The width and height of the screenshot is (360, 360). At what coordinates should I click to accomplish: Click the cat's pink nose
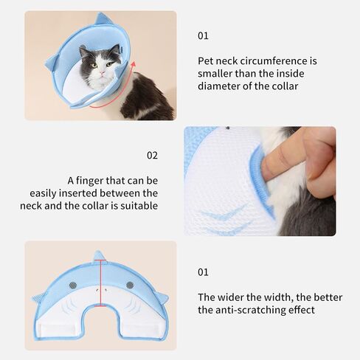[103, 73]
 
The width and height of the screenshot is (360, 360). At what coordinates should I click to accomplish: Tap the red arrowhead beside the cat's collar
[133, 64]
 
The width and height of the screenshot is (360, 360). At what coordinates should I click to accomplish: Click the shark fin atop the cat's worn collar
[101, 18]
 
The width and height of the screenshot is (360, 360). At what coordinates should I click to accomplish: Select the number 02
[152, 156]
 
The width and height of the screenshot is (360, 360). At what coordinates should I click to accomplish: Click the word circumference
[274, 61]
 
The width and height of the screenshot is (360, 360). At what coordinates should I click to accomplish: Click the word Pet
[205, 61]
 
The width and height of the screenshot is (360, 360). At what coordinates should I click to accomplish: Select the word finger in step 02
[89, 181]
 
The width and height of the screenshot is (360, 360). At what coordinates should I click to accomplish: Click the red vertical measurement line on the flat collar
[100, 283]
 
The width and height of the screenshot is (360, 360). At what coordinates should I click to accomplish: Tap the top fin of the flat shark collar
[99, 257]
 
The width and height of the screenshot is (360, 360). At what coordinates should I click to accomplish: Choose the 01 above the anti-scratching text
[203, 272]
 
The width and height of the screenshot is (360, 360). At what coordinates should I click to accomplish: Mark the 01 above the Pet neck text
[203, 36]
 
